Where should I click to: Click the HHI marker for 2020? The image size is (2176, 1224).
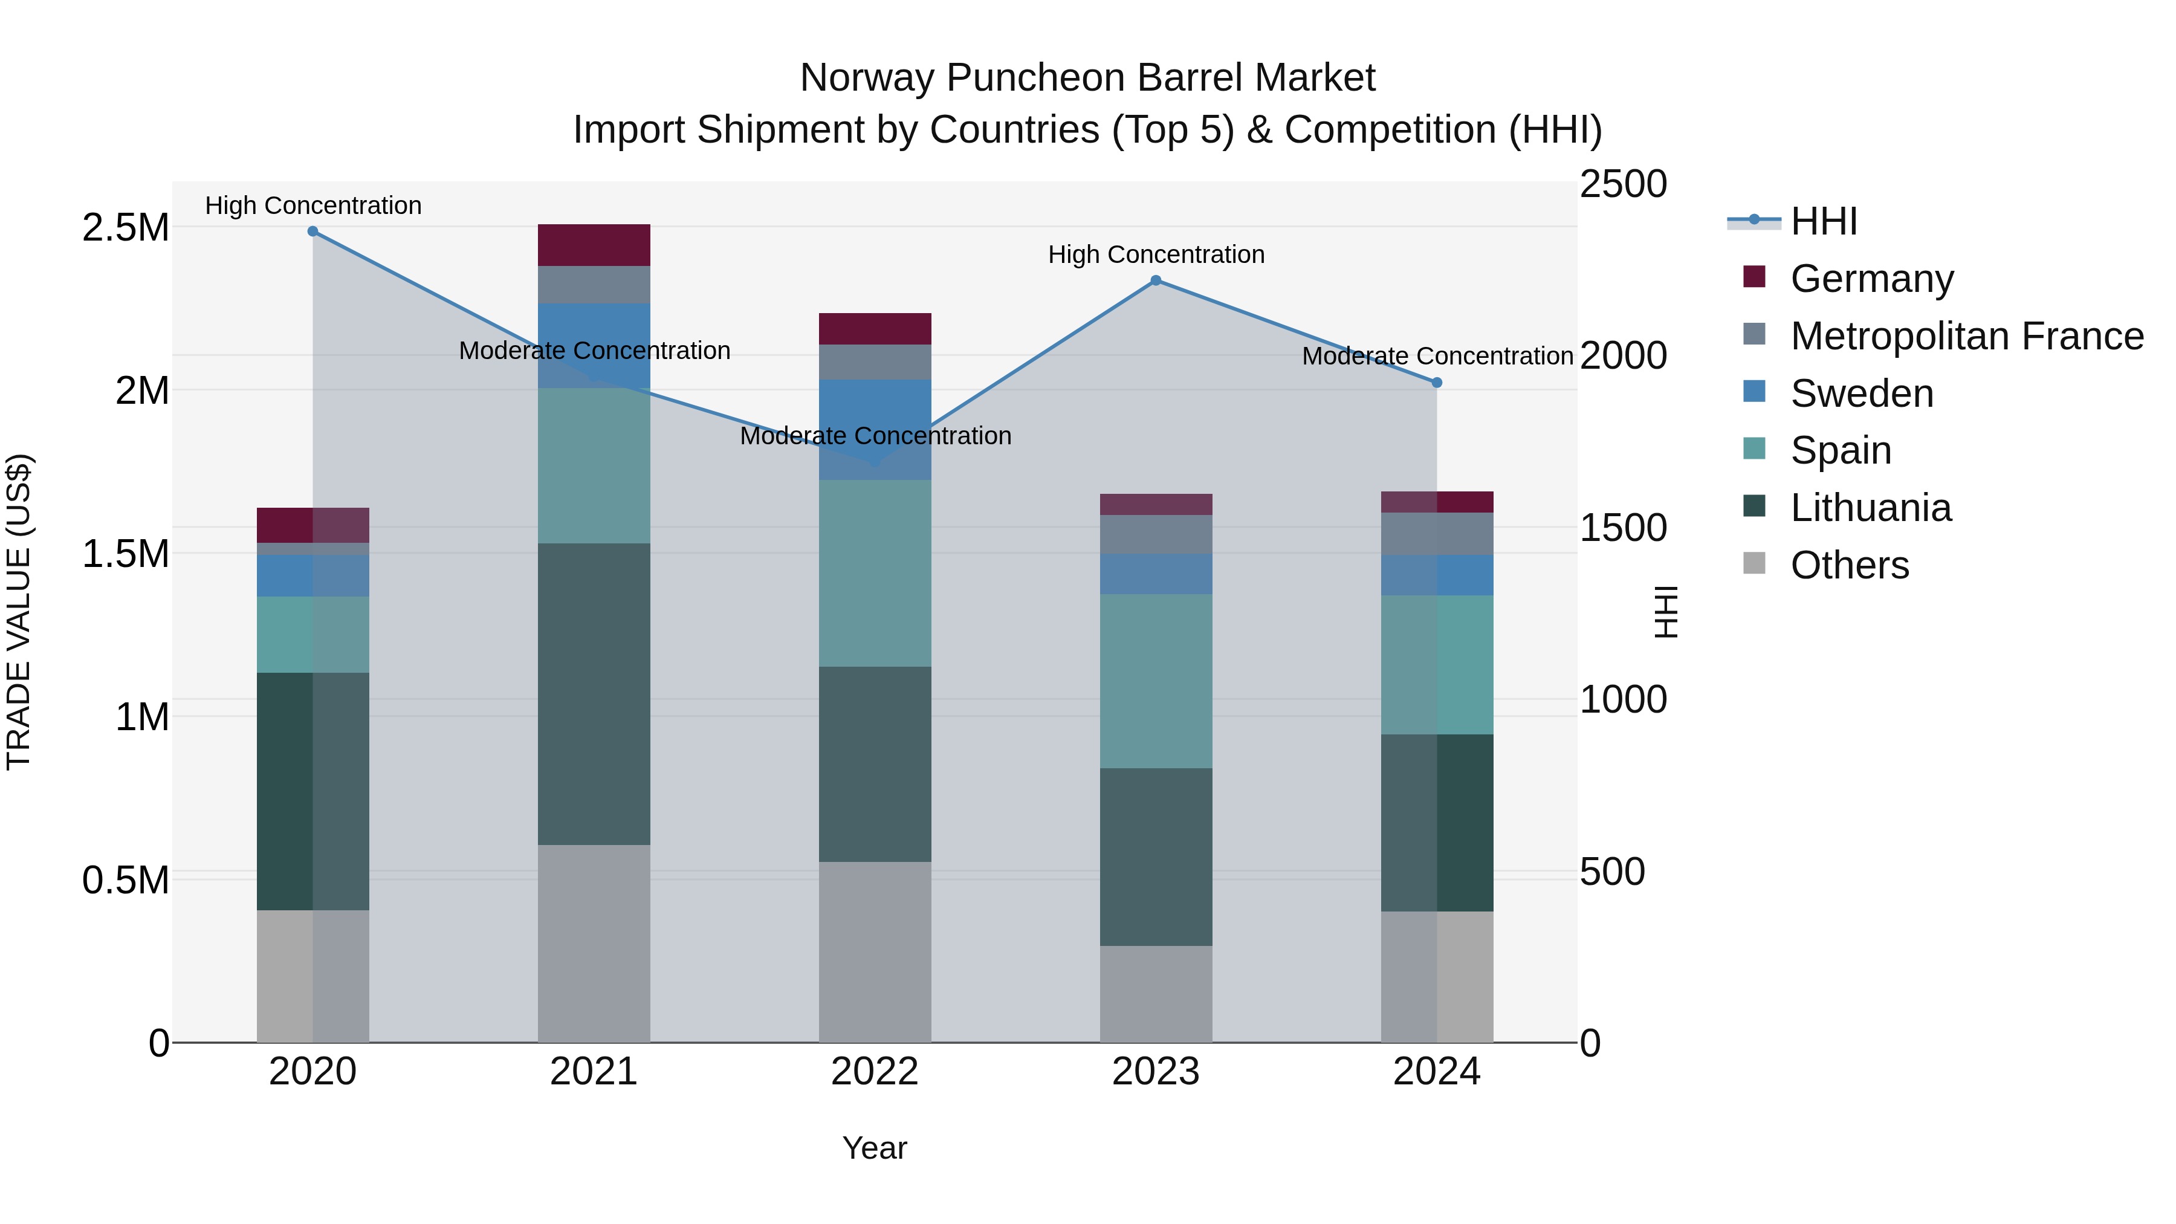312,231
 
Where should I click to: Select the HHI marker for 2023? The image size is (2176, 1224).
1156,280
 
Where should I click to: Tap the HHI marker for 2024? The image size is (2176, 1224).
1437,383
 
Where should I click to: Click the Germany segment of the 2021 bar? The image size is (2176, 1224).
594,245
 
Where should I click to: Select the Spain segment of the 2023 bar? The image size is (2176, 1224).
1156,681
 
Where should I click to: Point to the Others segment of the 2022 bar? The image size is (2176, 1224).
875,951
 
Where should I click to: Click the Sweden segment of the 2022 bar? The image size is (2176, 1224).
875,429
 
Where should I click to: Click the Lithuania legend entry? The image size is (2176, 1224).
1870,508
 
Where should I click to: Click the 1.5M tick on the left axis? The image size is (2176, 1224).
125,554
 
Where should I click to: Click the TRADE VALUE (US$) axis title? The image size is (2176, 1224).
19,612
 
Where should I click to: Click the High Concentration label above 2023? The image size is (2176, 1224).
1156,254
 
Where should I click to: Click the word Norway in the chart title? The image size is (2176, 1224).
869,78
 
